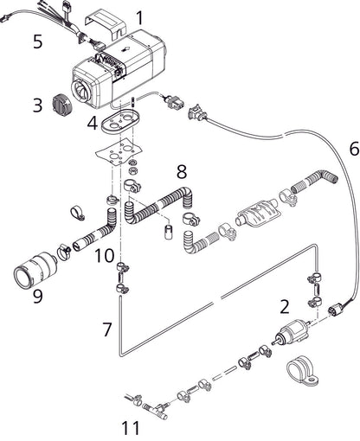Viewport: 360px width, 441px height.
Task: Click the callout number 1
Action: coord(141,16)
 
